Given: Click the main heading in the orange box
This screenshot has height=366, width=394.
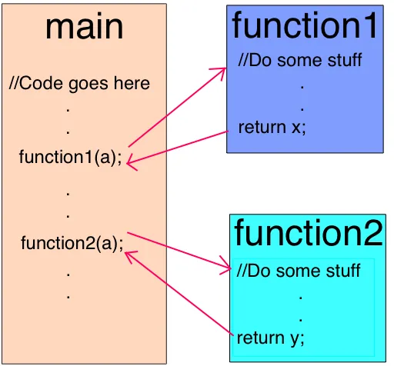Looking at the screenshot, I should [x=85, y=27].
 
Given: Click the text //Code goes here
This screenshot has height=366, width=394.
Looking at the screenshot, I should [x=79, y=83].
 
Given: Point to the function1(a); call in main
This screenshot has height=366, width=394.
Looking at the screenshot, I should [x=70, y=158].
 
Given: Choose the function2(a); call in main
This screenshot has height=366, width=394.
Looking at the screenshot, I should [x=72, y=244].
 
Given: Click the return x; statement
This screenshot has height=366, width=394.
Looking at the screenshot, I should [x=272, y=127].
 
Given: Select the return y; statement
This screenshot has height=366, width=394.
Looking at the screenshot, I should [x=271, y=338].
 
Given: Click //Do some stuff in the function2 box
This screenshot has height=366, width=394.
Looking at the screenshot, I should [x=299, y=271].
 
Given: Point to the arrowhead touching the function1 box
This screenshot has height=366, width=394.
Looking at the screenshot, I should [x=222, y=72].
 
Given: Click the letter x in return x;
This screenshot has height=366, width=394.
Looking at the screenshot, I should [x=296, y=127].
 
